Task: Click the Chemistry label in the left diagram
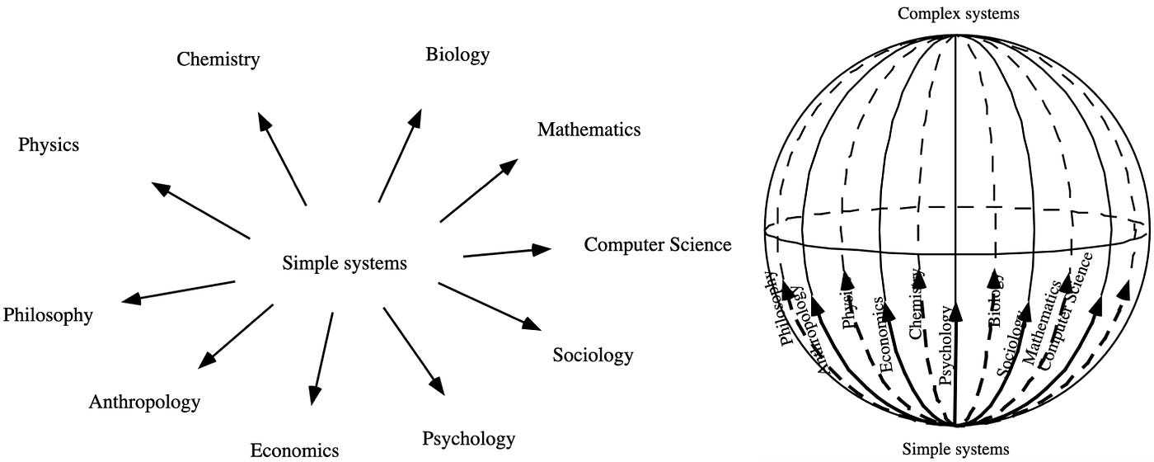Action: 218,59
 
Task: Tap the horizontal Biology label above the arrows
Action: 457,55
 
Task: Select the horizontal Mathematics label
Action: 589,130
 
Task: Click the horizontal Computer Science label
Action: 658,244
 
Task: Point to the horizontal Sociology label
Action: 593,356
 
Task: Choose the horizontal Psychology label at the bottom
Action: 468,438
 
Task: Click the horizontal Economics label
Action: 294,450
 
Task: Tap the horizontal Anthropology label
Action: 144,403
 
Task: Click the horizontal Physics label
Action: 49,145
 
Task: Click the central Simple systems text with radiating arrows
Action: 345,264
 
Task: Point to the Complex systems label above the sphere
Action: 959,13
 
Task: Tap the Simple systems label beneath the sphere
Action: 955,450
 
